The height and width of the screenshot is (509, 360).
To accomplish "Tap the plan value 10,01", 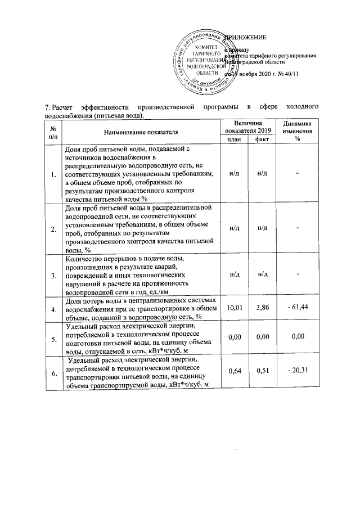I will [x=233, y=308].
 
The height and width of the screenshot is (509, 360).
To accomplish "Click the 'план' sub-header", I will [x=233, y=139].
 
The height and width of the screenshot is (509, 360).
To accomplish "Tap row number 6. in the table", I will [x=53, y=372].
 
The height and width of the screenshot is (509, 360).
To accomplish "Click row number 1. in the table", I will [x=53, y=175].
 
